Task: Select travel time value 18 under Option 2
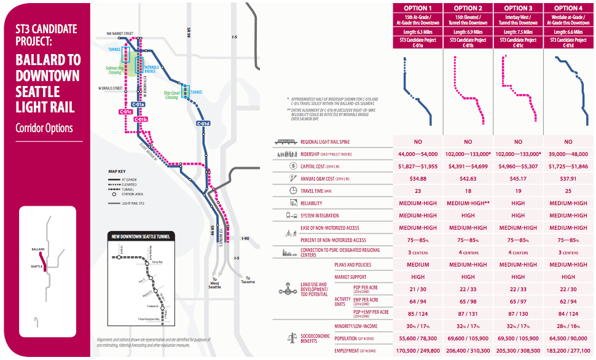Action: pyautogui.click(x=468, y=190)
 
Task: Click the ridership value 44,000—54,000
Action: pyautogui.click(x=418, y=154)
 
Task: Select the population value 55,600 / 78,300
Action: pyautogui.click(x=418, y=338)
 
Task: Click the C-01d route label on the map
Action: pyautogui.click(x=203, y=124)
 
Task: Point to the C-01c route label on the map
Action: pyautogui.click(x=125, y=112)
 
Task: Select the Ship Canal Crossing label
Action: pyautogui.click(x=171, y=95)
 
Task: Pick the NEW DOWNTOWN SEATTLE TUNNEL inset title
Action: pyautogui.click(x=141, y=236)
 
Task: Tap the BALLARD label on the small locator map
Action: pyautogui.click(x=37, y=249)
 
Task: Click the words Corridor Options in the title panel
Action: pyautogui.click(x=44, y=128)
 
